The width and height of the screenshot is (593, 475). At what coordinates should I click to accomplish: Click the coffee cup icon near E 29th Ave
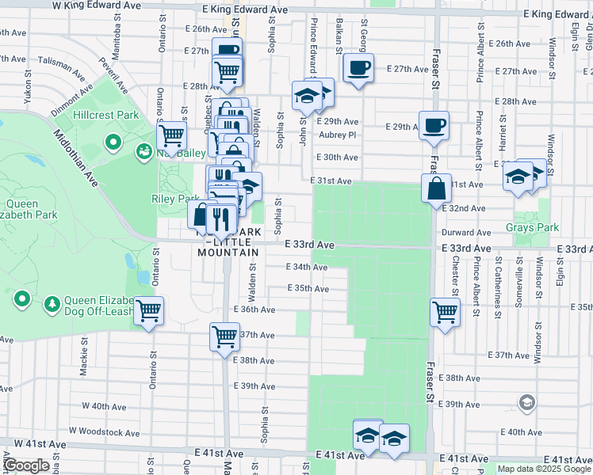pos(434,125)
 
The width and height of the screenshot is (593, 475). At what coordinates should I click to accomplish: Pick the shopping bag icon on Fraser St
pos(436,188)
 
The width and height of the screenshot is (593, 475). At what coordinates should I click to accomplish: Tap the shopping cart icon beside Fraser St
pos(445,311)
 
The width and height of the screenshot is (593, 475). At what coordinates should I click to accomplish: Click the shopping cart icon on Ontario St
pos(148,311)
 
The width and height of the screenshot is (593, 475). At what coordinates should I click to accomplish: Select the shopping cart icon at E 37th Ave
pos(224,336)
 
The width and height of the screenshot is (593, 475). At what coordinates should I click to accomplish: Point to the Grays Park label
pos(532,227)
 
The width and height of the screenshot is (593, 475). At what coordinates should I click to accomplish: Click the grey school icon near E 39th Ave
pos(526,404)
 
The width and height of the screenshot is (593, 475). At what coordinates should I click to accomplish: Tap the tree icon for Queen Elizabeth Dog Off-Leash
pos(52,303)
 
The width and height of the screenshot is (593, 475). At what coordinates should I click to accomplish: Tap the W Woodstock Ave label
pos(104,431)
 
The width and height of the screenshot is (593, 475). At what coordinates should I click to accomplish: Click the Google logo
pos(27,465)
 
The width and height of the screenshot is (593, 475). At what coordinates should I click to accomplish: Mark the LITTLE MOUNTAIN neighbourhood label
pos(228,252)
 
